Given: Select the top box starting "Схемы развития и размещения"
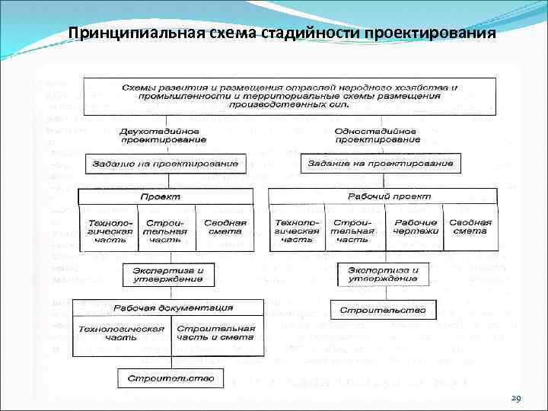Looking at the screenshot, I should (289, 96).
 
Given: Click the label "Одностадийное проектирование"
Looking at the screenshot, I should (378, 135).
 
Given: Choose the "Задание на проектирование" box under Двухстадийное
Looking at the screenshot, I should (166, 164).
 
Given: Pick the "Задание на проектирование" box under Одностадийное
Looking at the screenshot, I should (378, 164).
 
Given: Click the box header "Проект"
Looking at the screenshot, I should (165, 196).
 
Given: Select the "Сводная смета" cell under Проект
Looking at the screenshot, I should (224, 228).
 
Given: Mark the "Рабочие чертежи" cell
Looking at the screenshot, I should (415, 227).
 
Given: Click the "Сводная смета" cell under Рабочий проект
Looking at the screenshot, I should (470, 227).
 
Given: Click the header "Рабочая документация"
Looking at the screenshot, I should (174, 307).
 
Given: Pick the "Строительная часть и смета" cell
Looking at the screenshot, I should (215, 333).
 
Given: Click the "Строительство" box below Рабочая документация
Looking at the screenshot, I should (170, 378).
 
